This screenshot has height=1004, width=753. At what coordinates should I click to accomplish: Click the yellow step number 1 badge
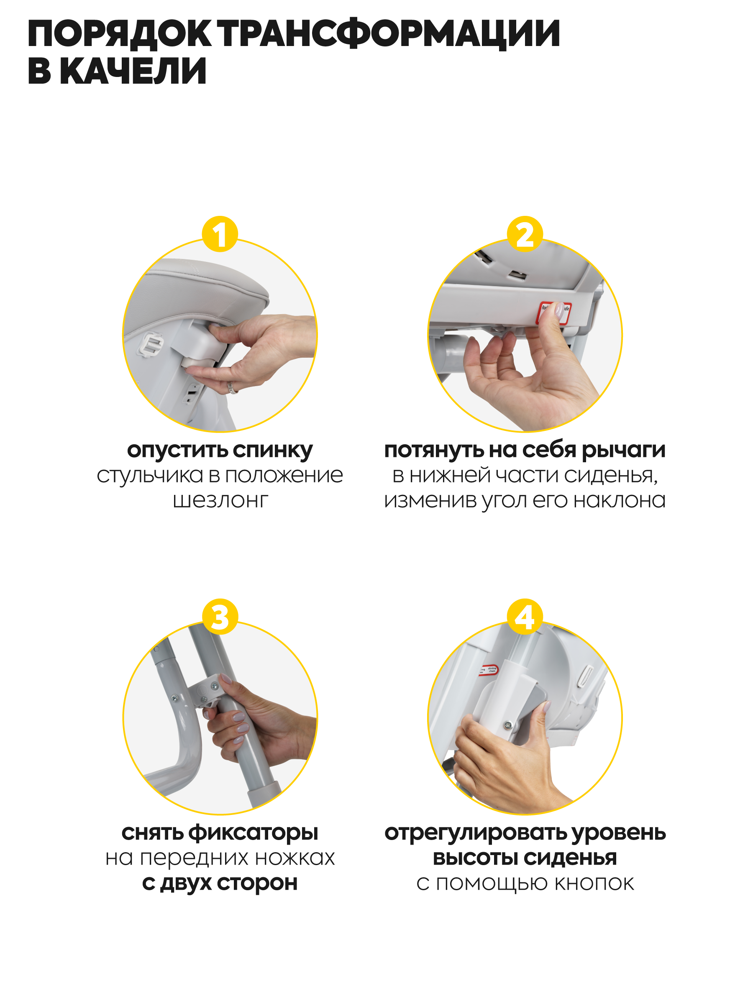220,234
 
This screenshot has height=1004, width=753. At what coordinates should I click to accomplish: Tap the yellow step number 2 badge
525,234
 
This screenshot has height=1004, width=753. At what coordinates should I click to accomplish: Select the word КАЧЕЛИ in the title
133,71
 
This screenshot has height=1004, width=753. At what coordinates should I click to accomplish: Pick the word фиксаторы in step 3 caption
253,833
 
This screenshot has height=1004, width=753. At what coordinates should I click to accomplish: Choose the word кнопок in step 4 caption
594,884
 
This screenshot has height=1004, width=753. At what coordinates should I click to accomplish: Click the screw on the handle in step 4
508,726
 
